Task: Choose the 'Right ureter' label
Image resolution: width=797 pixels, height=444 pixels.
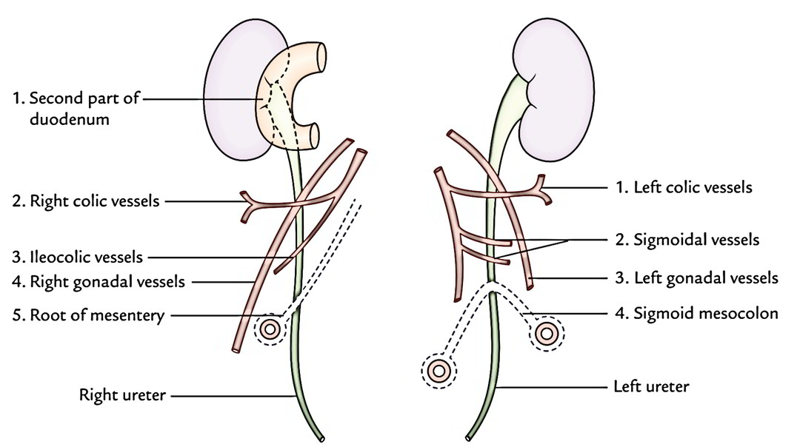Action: click(123, 395)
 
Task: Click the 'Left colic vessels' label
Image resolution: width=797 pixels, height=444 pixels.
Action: click(692, 187)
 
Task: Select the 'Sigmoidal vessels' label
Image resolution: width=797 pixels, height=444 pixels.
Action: click(696, 240)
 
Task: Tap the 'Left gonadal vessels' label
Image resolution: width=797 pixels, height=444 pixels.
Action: click(706, 278)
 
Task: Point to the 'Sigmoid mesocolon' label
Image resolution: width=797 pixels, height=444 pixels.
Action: click(706, 313)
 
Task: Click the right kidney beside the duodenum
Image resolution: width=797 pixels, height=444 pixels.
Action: click(230, 96)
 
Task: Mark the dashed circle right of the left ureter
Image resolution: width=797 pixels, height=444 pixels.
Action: click(547, 334)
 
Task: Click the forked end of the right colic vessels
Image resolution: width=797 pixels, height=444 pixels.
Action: click(246, 205)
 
